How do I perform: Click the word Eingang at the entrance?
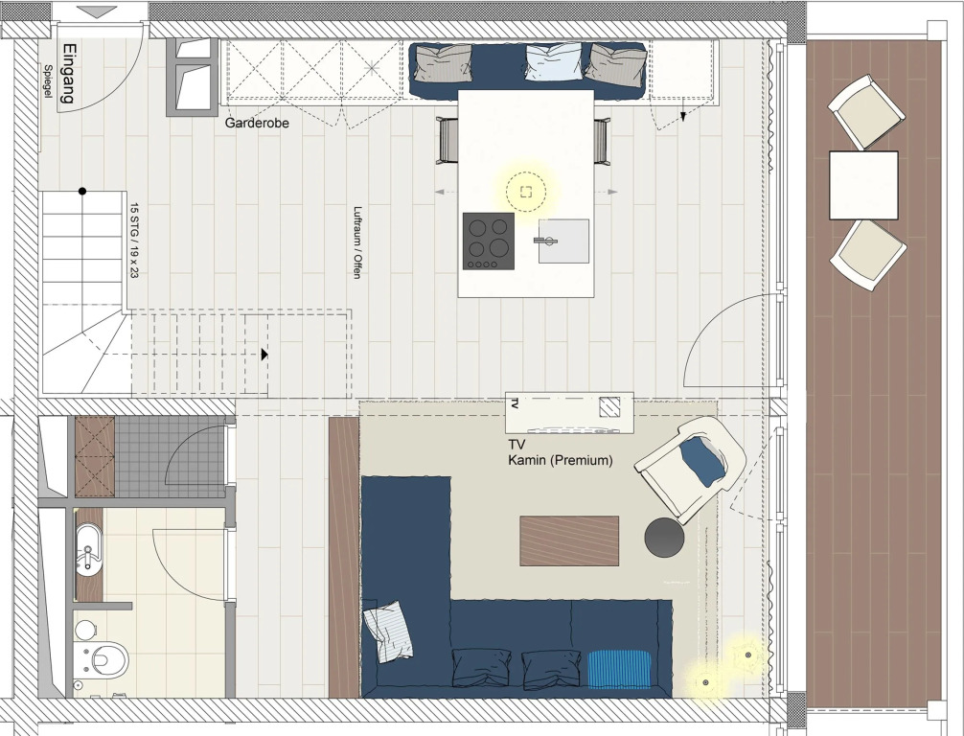69,74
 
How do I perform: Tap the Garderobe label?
257,123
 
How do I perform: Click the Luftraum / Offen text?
356,242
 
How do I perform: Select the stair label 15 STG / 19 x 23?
134,241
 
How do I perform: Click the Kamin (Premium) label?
560,460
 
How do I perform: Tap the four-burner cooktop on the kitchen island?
489,241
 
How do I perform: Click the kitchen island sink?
563,241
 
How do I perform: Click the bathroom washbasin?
89,550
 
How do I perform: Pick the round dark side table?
664,538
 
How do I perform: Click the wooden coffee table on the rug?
569,541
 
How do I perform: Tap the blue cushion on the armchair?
702,461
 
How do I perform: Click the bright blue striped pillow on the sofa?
619,669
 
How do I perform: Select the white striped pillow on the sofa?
388,632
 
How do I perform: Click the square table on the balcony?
863,185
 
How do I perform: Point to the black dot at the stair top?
82,192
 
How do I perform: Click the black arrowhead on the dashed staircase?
264,355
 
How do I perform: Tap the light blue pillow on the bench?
553,61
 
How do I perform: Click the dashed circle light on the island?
526,192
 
